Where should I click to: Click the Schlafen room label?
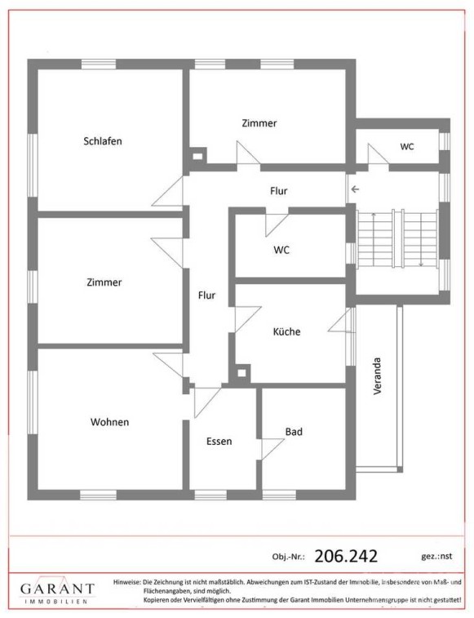[x=103, y=141]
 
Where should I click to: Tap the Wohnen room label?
[x=109, y=422]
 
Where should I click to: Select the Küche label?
[x=286, y=331]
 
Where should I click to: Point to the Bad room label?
[x=294, y=432]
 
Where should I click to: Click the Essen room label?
[x=219, y=442]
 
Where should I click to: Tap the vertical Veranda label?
[x=378, y=376]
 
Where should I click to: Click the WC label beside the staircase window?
[x=407, y=147]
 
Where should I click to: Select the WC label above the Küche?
[x=281, y=250]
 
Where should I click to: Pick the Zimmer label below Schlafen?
[x=104, y=282]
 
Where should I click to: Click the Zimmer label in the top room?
[x=259, y=123]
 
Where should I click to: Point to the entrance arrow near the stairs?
[x=355, y=189]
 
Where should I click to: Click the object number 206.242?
[x=346, y=556]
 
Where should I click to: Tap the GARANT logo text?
[x=58, y=589]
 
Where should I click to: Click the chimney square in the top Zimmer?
[x=197, y=156]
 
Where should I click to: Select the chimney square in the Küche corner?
[x=242, y=373]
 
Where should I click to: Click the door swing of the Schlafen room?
[x=168, y=191]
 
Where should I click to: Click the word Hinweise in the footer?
[x=126, y=581]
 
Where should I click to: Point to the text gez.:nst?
[x=436, y=556]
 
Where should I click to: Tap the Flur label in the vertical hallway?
[x=206, y=296]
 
